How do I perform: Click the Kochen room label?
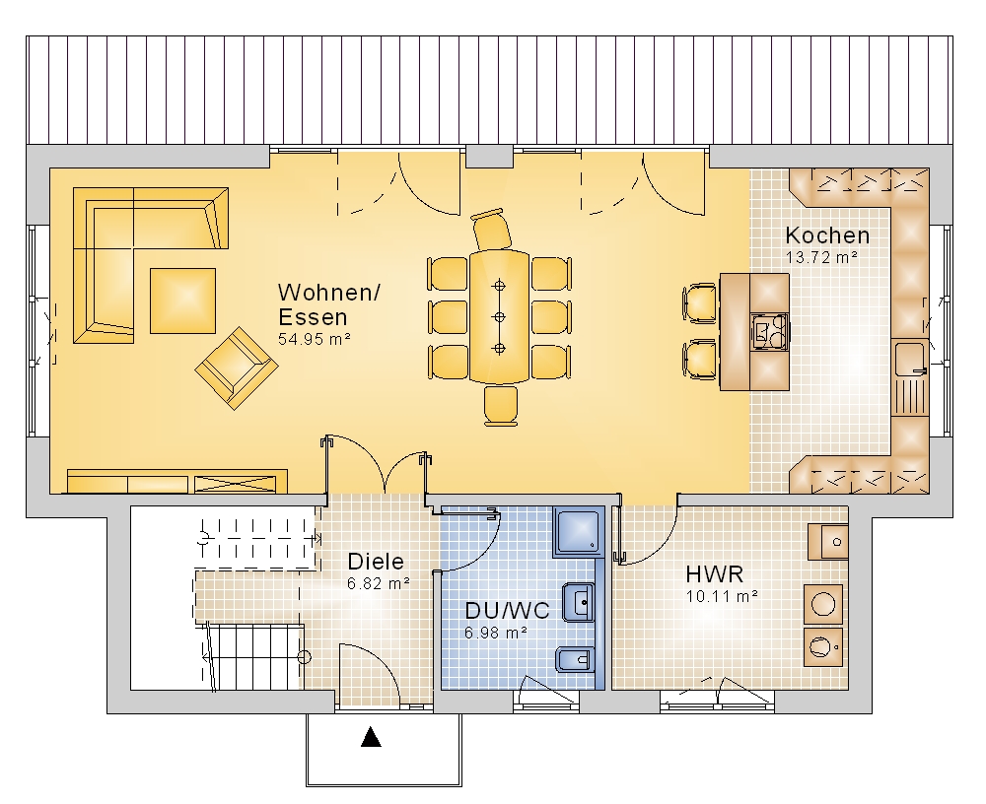pyautogui.click(x=827, y=235)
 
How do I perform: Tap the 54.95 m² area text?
pyautogui.click(x=314, y=340)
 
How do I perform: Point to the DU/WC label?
pyautogui.click(x=507, y=610)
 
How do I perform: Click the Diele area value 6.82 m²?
pyautogui.click(x=379, y=583)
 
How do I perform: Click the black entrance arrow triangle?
pyautogui.click(x=371, y=737)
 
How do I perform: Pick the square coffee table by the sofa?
pyautogui.click(x=182, y=301)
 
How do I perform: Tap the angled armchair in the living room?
pyautogui.click(x=237, y=368)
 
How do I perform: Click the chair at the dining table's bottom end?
pyautogui.click(x=501, y=406)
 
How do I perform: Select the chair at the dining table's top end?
pyautogui.click(x=492, y=230)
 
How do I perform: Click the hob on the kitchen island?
pyautogui.click(x=770, y=331)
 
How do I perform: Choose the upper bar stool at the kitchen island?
pyautogui.click(x=700, y=303)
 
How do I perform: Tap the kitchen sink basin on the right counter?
pyautogui.click(x=909, y=359)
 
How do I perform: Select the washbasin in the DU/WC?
pyautogui.click(x=578, y=602)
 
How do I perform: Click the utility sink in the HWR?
pyautogui.click(x=828, y=541)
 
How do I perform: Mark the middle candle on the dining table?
pyautogui.click(x=499, y=316)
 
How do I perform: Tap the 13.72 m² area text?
pyautogui.click(x=822, y=258)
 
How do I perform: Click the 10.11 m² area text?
pyautogui.click(x=722, y=596)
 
